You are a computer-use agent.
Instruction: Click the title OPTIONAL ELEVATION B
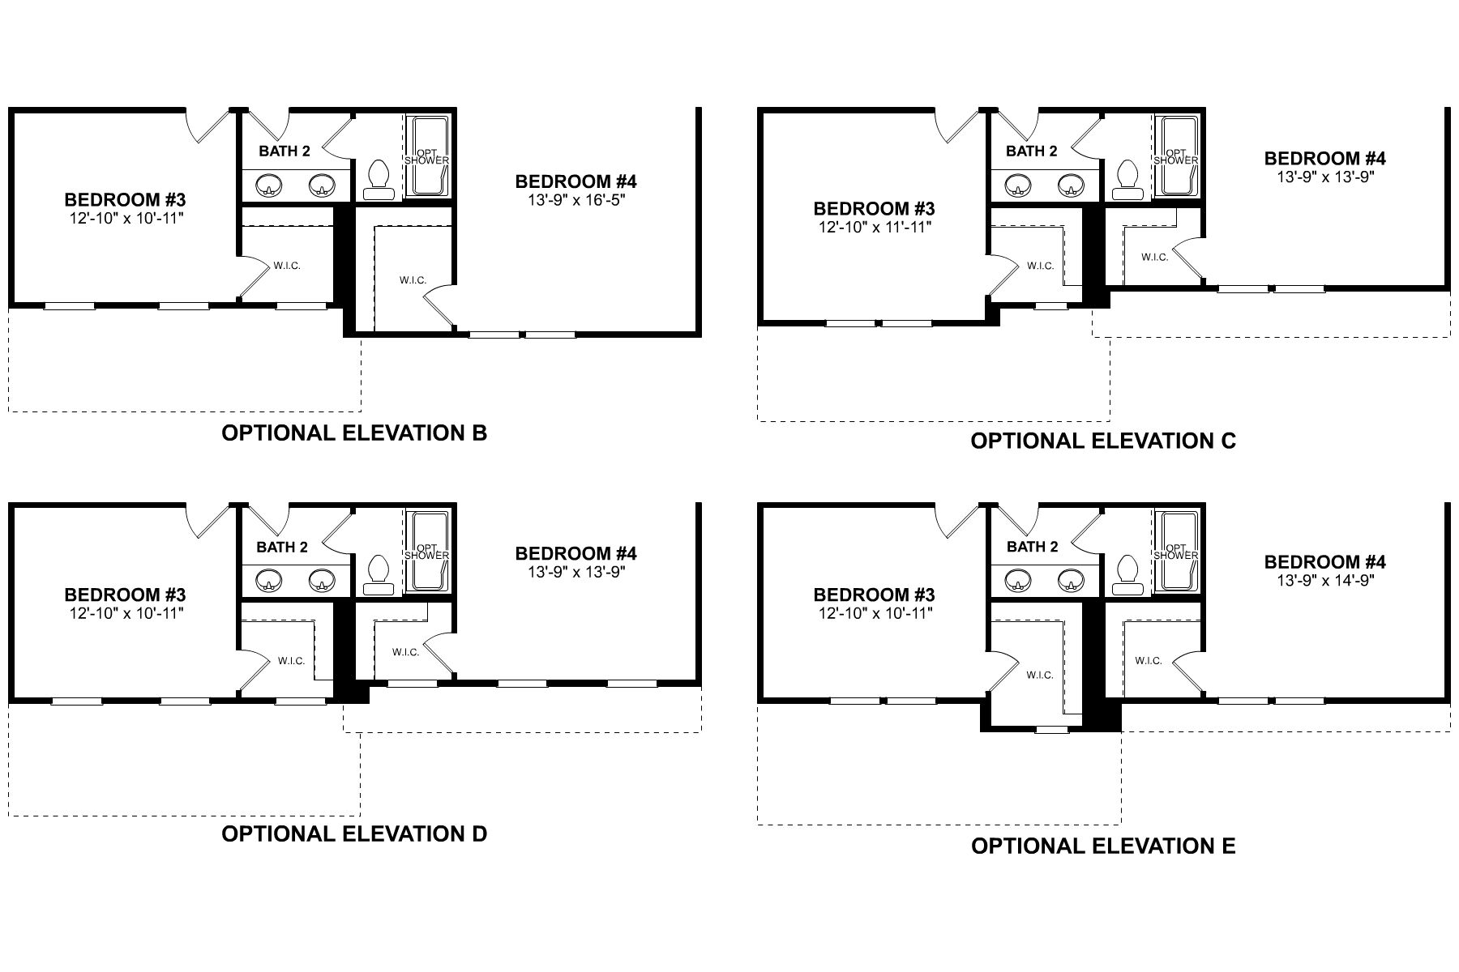point(354,433)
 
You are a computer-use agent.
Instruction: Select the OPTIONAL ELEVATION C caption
point(1103,441)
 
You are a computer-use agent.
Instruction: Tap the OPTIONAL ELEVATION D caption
point(354,833)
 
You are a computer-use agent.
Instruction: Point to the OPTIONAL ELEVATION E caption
point(1103,846)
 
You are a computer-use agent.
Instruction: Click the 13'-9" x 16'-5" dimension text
point(575,199)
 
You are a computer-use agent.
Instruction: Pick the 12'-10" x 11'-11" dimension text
point(875,228)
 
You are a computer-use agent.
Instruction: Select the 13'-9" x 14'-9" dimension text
point(1324,580)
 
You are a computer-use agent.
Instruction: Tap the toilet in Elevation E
point(1126,573)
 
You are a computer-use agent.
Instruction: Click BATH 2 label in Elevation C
point(1031,151)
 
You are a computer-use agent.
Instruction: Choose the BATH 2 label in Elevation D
point(282,548)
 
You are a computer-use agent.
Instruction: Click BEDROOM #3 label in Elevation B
point(126,199)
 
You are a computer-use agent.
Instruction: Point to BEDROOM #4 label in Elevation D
point(575,554)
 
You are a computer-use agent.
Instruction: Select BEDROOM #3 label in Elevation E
point(875,595)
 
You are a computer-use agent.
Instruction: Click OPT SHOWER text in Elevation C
point(1175,156)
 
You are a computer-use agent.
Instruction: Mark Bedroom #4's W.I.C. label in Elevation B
point(413,280)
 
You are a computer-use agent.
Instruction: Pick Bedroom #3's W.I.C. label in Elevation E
point(1040,675)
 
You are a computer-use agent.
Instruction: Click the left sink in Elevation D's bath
point(268,581)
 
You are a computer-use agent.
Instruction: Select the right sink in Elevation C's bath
point(1071,185)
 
